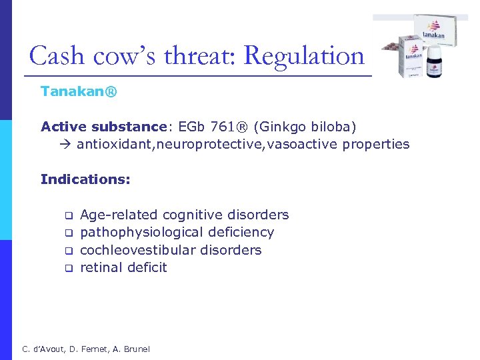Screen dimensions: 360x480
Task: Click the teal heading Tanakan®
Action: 79,91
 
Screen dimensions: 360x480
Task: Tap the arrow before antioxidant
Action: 67,145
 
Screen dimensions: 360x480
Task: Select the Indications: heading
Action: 85,179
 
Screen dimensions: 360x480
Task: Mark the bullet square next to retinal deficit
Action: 67,269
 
